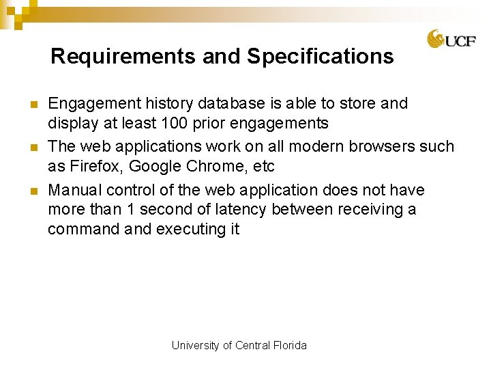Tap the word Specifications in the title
(x=321, y=56)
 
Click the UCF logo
(x=451, y=39)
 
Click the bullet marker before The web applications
(x=33, y=148)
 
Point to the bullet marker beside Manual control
(x=33, y=191)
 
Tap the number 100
(x=175, y=124)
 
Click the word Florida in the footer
(x=291, y=346)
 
